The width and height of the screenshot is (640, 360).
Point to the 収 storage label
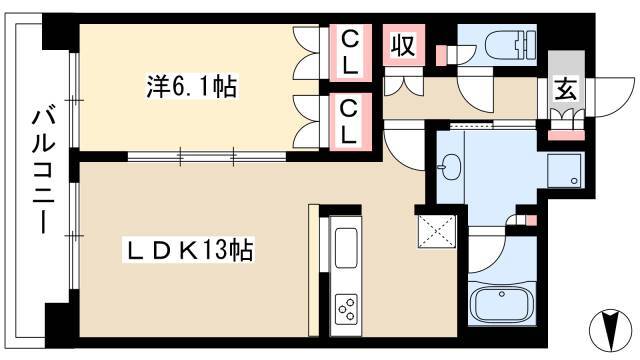pos(403,48)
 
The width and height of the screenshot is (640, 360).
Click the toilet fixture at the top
pos(495,45)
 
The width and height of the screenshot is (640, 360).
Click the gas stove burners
pos(347,307)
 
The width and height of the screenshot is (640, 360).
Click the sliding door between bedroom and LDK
pos(206,155)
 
